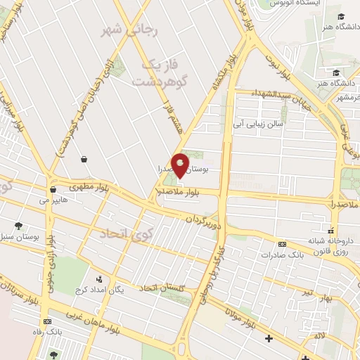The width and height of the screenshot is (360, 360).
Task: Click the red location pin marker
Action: coord(180,166)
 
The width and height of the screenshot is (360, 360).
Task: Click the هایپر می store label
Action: coord(53,200)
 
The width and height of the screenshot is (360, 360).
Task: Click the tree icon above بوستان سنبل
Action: coord(18,226)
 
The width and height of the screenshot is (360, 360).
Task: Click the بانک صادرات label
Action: coord(281,255)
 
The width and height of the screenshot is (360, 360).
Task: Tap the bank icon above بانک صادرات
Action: coord(283,244)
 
